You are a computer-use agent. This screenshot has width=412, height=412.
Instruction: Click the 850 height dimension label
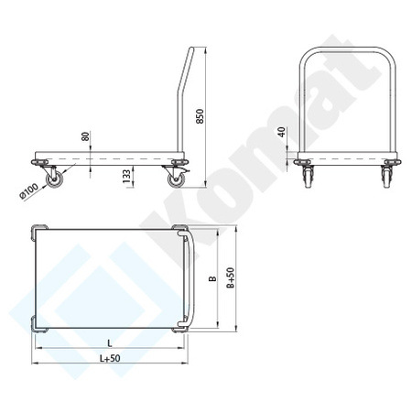[199, 116]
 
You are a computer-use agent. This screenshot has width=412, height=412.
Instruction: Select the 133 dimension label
[126, 174]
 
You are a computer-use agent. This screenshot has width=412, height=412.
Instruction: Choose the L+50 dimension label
[108, 359]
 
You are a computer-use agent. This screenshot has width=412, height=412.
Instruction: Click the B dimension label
[211, 279]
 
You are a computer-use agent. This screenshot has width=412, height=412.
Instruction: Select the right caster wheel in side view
[174, 179]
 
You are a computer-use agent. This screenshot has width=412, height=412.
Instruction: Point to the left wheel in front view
[306, 178]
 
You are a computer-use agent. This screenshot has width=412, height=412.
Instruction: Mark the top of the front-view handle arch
[346, 49]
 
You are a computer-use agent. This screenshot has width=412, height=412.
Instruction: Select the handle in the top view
[190, 278]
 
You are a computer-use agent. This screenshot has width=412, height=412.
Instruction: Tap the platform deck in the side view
[110, 155]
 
